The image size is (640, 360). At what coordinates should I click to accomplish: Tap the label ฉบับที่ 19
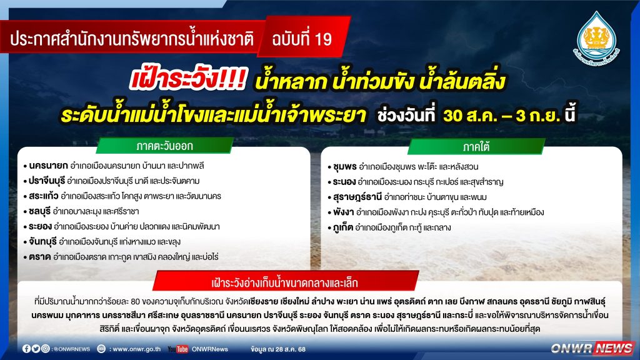point(302,39)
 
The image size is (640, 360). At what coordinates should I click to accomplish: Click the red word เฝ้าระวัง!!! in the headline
point(188,79)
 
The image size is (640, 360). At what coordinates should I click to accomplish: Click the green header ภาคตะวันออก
point(164,146)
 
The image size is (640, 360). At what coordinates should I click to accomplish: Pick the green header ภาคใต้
point(476,146)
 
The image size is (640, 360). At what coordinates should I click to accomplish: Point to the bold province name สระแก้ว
point(44,196)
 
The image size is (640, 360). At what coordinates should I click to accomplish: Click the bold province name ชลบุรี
point(39,211)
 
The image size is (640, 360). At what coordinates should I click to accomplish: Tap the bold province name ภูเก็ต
point(343,227)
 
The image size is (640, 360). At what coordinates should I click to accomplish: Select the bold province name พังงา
point(343,212)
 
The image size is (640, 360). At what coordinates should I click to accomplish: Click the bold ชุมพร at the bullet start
point(345,166)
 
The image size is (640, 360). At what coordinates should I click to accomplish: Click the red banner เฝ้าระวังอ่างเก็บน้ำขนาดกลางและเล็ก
point(285,282)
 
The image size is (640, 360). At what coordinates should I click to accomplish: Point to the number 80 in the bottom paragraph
point(136,302)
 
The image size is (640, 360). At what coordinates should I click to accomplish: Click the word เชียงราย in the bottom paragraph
point(263,302)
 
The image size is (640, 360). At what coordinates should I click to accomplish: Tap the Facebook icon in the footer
point(26,349)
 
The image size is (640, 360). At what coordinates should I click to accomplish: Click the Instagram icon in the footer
point(45,349)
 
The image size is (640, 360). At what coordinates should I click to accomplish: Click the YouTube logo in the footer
point(178,349)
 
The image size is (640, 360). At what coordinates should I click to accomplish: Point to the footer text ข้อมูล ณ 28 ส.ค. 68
point(278,349)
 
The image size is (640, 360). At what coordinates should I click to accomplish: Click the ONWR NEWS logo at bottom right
point(592,348)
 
